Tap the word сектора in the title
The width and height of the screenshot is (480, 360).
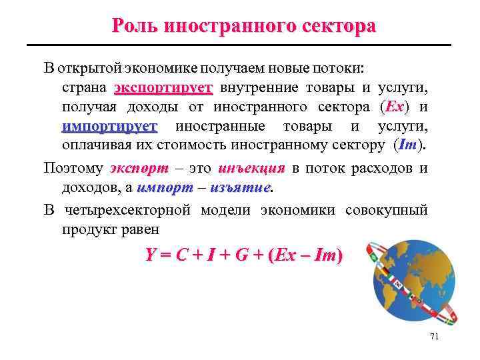[339, 26]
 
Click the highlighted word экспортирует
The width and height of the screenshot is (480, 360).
[163, 88]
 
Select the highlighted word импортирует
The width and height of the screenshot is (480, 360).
[109, 126]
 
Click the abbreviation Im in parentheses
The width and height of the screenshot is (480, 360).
[408, 145]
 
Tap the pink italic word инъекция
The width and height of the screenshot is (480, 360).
[251, 168]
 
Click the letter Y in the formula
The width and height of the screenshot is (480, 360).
[151, 255]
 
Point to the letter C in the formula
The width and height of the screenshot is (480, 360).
[181, 255]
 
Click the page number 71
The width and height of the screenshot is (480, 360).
[434, 337]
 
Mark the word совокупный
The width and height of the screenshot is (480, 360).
[386, 211]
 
